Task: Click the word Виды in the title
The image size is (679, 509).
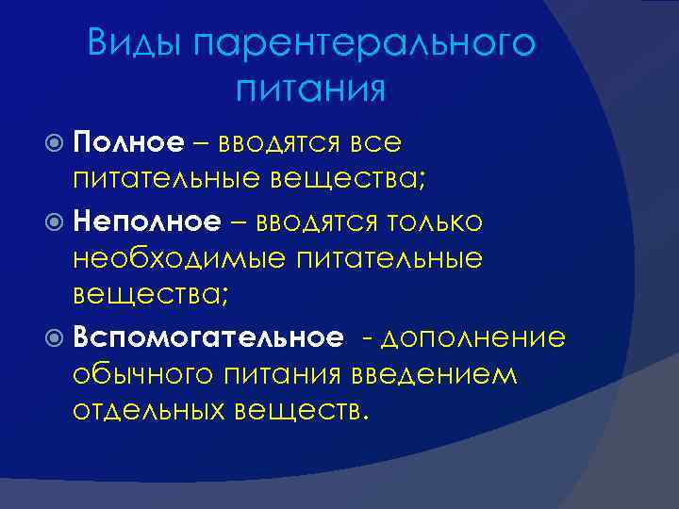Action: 134,44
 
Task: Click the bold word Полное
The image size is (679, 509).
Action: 128,142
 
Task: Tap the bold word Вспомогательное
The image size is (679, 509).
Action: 207,337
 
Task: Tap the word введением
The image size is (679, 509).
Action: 436,375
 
